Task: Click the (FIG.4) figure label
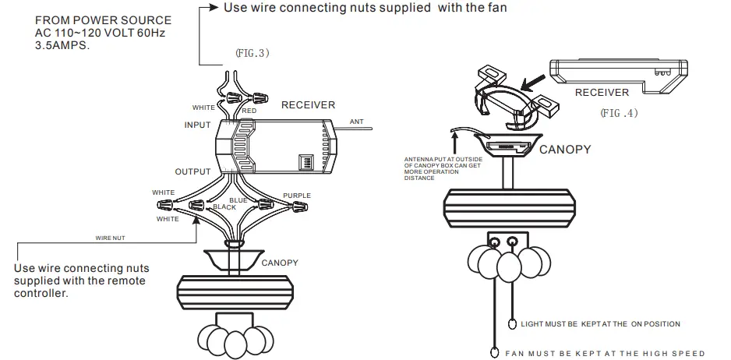619,112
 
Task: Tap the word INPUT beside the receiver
197,125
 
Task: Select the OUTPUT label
192,172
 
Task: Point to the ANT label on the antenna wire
357,121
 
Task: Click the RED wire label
249,111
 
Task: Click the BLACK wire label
224,207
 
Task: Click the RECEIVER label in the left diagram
308,105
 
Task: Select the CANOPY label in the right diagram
565,150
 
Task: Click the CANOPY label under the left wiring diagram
280,263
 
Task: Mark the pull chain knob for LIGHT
512,324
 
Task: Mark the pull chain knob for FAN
494,352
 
